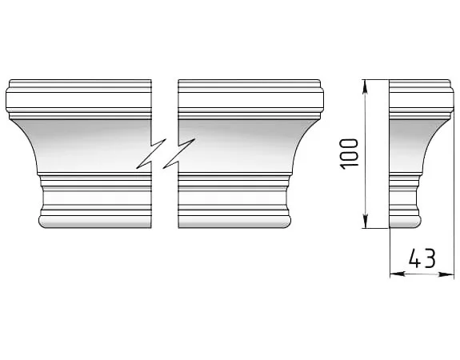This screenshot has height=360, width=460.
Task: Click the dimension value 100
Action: [349, 154]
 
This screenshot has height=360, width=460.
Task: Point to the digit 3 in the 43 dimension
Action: [430, 258]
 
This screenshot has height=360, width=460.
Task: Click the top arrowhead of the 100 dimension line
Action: [365, 86]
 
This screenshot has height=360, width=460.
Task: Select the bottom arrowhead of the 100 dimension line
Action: [365, 222]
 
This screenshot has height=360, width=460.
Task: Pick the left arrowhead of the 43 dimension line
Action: [398, 274]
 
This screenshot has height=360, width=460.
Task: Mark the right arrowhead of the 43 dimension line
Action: [446, 274]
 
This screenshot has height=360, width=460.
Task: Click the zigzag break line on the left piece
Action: [150, 154]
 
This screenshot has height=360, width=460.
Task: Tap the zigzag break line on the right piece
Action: [179, 154]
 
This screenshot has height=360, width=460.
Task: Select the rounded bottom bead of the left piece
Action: [94, 222]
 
